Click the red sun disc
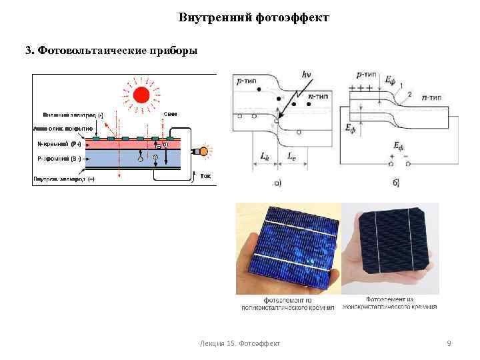[141, 95]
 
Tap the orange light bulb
[207, 151]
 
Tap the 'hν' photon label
[307, 75]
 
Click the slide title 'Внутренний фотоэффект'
[253, 17]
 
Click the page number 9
[449, 343]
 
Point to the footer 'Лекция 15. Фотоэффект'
[240, 343]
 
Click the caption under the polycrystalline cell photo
[288, 303]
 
